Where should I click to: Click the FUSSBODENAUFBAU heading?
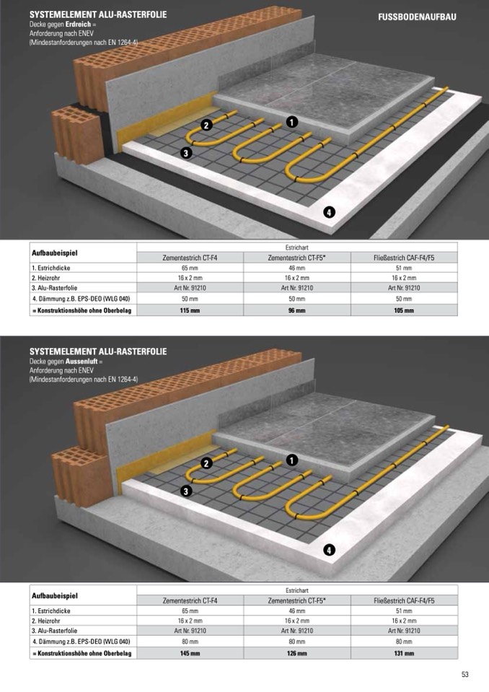tap(417, 17)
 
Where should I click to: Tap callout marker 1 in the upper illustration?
tap(292, 122)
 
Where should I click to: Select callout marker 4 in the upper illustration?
tap(329, 212)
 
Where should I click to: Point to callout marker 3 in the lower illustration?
tap(186, 491)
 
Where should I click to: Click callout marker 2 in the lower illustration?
tap(206, 463)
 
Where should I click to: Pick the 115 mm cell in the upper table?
tap(190, 311)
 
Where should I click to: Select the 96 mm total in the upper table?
tap(296, 311)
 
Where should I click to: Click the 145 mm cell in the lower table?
tap(190, 653)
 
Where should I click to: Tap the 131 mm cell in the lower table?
tap(404, 653)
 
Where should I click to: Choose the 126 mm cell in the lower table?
tap(296, 653)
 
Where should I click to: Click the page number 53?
tap(465, 675)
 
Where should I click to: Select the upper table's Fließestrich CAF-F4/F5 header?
tap(404, 258)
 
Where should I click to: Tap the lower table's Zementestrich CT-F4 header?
tap(190, 600)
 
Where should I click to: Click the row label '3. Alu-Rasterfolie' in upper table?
tap(54, 288)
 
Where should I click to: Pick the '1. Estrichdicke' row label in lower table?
tap(50, 610)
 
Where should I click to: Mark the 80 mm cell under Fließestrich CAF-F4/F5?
tap(404, 641)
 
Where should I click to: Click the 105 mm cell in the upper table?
tap(404, 311)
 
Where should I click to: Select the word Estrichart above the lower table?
tap(296, 590)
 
